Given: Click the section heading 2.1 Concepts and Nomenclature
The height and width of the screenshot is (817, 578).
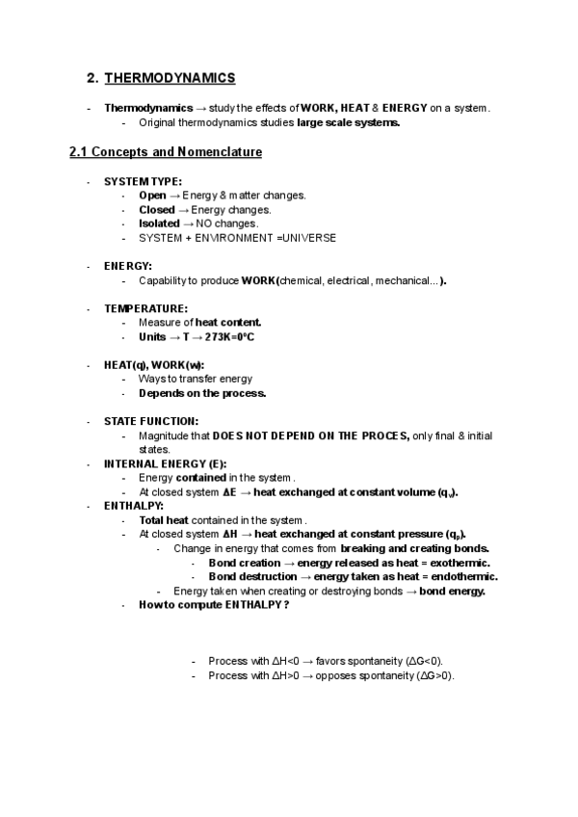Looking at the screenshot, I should [166, 152].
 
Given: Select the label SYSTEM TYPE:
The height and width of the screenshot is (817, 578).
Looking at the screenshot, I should [143, 181].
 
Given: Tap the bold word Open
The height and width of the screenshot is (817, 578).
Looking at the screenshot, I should [152, 196].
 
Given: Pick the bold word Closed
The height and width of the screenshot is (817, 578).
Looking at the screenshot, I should [157, 209].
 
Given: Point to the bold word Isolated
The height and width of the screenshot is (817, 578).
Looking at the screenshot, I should [159, 224].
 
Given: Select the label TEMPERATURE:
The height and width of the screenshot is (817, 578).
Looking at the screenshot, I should [145, 308].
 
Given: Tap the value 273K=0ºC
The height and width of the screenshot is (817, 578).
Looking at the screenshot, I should [229, 337].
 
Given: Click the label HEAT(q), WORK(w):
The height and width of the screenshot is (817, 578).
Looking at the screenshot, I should [153, 365].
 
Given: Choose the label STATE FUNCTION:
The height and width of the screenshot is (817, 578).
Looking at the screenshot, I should [151, 421].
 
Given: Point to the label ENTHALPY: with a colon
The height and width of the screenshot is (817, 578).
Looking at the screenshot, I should [134, 505].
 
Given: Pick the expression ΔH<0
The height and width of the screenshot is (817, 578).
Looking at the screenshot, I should [287, 661].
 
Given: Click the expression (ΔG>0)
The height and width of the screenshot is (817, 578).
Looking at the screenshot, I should [434, 675].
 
